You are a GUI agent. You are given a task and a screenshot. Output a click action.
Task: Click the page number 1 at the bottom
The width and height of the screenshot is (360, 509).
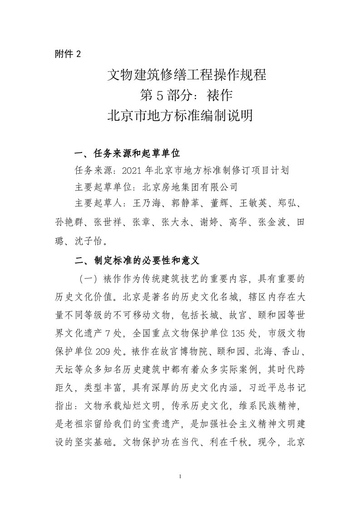(x=180, y=477)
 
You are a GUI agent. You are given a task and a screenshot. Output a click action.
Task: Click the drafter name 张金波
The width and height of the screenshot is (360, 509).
(x=272, y=222)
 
